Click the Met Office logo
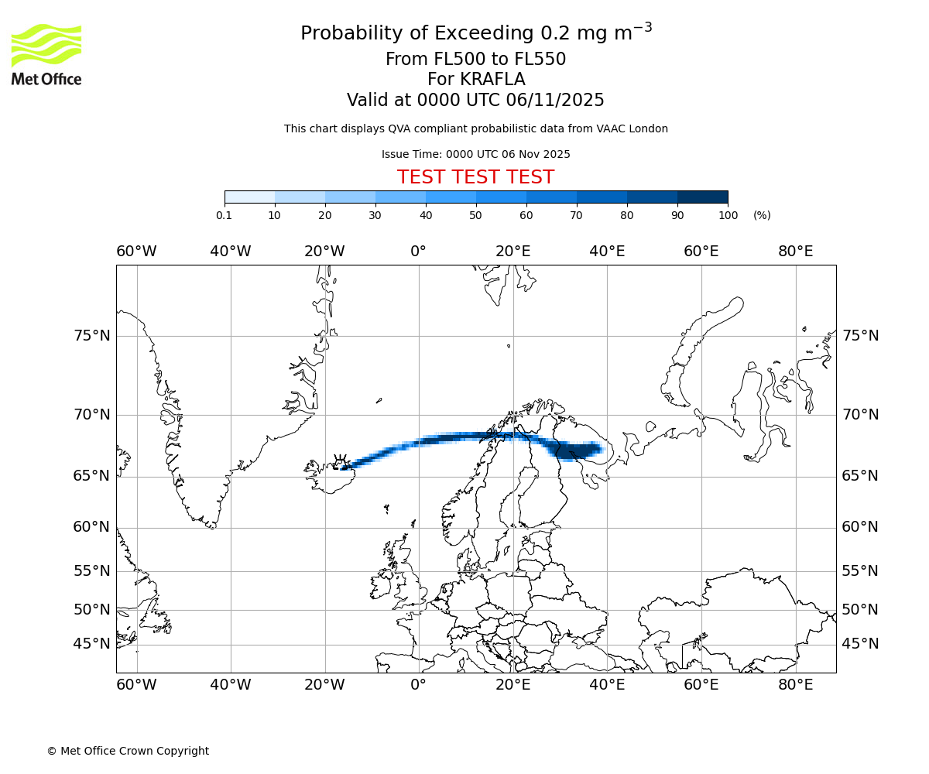(46, 54)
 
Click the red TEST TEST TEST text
(475, 177)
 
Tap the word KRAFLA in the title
(492, 80)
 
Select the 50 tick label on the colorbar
(475, 215)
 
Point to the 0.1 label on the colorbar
(224, 215)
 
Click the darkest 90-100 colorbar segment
(702, 197)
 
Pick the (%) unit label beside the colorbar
(762, 215)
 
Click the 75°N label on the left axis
(92, 336)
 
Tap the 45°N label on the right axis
(860, 644)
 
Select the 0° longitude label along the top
(419, 252)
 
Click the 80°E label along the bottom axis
(795, 685)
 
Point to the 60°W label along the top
(136, 252)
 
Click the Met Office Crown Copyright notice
(128, 751)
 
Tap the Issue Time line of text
(475, 154)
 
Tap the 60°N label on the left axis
(92, 527)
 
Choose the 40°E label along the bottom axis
(607, 685)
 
